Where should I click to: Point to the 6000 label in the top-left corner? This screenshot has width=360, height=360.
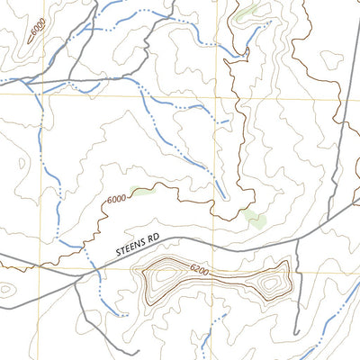(x=37, y=30)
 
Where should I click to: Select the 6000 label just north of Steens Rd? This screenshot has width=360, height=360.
(x=116, y=200)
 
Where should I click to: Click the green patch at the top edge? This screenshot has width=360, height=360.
(x=246, y=13)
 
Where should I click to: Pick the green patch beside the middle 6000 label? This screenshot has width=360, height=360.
(x=139, y=191)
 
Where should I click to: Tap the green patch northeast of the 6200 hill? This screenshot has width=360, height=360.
(x=256, y=218)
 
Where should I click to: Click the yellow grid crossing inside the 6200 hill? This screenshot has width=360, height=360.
(x=215, y=273)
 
